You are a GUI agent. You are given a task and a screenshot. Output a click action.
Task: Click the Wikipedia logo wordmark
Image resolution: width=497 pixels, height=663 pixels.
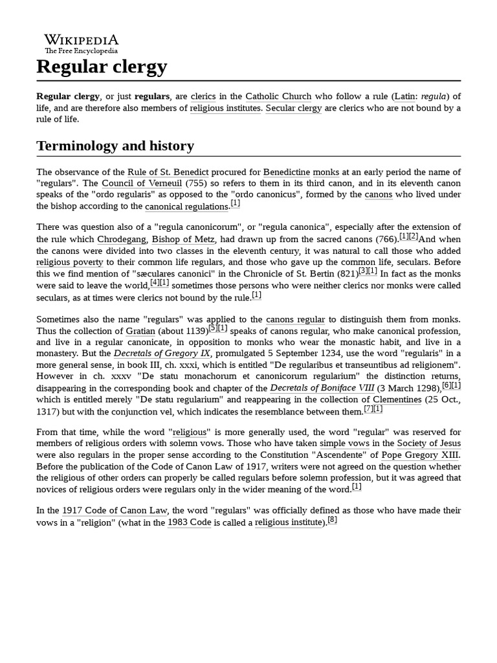pyautogui.click(x=81, y=40)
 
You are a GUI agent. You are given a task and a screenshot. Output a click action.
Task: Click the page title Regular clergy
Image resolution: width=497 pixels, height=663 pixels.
pyautogui.click(x=102, y=66)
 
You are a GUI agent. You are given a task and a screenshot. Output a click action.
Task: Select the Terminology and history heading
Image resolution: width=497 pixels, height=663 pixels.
pyautogui.click(x=115, y=145)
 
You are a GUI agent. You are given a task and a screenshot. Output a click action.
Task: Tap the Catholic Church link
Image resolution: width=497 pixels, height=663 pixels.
pyautogui.click(x=278, y=96)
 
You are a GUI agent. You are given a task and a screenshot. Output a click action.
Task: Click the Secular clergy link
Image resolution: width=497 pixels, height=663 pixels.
pyautogui.click(x=293, y=108)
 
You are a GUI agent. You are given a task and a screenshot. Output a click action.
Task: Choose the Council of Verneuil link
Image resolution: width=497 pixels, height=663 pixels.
pyautogui.click(x=142, y=183)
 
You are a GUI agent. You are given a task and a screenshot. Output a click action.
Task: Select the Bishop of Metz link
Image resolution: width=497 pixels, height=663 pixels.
pyautogui.click(x=183, y=239)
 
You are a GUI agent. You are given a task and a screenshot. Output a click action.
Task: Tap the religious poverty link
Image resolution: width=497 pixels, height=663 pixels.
pyautogui.click(x=69, y=262)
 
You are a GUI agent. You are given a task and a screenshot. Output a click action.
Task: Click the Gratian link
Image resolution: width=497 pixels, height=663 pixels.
pyautogui.click(x=140, y=331)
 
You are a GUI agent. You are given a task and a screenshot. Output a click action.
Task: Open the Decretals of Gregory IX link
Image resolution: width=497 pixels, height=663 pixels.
pyautogui.click(x=163, y=354)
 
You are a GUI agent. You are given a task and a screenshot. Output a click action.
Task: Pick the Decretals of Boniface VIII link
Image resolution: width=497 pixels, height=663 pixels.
pyautogui.click(x=322, y=388)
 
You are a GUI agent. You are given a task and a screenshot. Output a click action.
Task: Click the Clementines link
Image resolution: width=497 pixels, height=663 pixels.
pyautogui.click(x=397, y=399)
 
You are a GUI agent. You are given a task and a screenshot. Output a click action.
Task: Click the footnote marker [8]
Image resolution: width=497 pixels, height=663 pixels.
pyautogui.click(x=332, y=520)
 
